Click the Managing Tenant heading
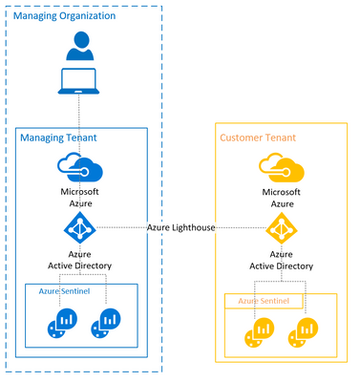59,140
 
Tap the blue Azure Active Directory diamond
80,228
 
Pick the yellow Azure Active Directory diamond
281,228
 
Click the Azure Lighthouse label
180,227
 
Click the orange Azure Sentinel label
264,301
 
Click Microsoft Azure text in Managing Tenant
80,197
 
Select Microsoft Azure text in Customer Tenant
281,197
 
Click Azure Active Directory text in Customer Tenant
281,261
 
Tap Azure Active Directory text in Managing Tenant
80,261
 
